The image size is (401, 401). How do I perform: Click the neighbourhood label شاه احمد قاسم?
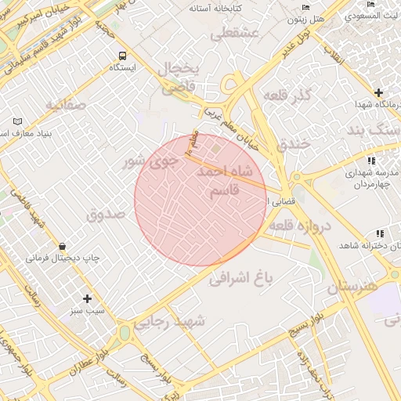[x=226, y=182]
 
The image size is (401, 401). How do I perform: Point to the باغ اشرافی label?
[x=243, y=278]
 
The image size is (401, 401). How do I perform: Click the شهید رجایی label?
[x=170, y=321]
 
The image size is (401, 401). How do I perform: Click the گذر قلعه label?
[x=289, y=96]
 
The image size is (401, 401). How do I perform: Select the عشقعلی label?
[x=234, y=33]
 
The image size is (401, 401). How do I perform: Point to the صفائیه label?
[x=64, y=104]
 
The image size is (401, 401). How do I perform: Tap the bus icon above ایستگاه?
[x=121, y=56]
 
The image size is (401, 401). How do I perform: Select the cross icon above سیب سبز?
[x=87, y=298]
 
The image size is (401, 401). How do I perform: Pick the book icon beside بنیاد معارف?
[x=17, y=121]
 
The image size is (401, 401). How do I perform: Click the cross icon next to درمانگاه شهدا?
[x=378, y=92]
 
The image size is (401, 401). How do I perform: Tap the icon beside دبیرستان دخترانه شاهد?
[x=380, y=233]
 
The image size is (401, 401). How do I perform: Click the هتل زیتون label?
[x=305, y=18]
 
